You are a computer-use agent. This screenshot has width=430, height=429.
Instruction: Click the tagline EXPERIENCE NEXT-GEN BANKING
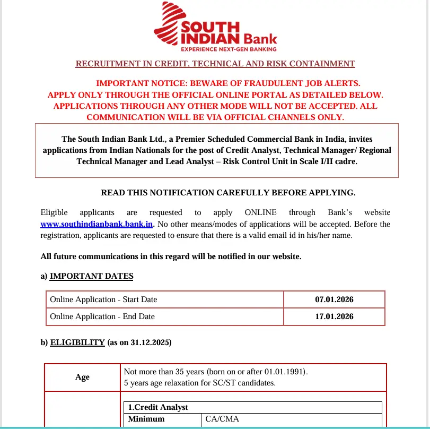[229, 49]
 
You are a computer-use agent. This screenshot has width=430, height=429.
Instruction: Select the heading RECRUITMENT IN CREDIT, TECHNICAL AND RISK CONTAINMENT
[215, 64]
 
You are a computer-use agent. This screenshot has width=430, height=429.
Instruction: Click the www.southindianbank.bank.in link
[96, 224]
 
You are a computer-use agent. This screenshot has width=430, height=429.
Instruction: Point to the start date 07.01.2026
[334, 299]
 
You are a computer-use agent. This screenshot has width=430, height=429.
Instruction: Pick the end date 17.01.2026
[334, 316]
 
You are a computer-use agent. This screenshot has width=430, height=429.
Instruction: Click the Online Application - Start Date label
[103, 299]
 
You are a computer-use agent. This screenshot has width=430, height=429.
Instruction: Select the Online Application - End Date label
[102, 316]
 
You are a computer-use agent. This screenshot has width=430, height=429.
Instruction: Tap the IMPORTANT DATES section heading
[91, 276]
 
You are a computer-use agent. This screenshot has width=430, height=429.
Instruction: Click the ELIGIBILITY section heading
[77, 342]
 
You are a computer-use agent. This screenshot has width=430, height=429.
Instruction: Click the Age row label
[83, 377]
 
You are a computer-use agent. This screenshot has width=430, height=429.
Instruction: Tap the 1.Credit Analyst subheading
[158, 407]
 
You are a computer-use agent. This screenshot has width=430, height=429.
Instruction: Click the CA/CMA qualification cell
[222, 419]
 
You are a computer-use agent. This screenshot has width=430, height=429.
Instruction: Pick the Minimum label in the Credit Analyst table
[146, 419]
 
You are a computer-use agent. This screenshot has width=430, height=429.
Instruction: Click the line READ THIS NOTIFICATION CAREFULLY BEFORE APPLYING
[228, 192]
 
